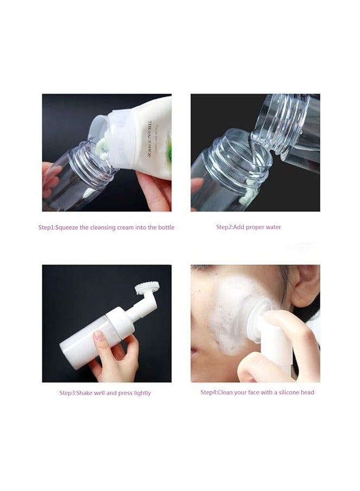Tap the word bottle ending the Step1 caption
[x=165, y=227]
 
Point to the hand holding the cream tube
[x=155, y=187]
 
